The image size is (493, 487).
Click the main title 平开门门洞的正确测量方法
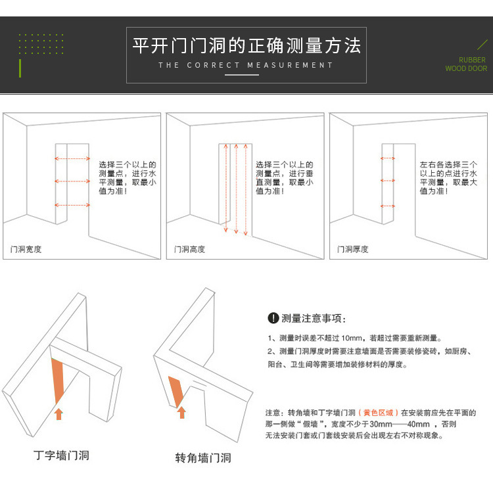pyautogui.click(x=246, y=45)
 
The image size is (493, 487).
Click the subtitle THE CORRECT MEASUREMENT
pyautogui.click(x=246, y=65)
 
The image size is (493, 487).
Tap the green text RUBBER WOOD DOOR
pyautogui.click(x=466, y=64)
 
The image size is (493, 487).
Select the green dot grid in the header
pyautogui.click(x=41, y=44)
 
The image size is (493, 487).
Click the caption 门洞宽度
pyautogui.click(x=26, y=249)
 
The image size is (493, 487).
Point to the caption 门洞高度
pyautogui.click(x=189, y=249)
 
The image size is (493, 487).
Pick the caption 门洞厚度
pyautogui.click(x=353, y=249)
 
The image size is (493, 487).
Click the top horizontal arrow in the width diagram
pyautogui.click(x=72, y=158)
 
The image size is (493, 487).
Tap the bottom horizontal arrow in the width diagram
pyautogui.click(x=72, y=205)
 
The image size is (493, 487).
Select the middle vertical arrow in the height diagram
pyautogui.click(x=236, y=189)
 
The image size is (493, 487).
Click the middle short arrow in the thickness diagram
pyautogui.click(x=388, y=181)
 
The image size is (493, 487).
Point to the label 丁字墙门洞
pyautogui.click(x=61, y=455)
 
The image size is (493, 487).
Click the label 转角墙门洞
pyautogui.click(x=203, y=458)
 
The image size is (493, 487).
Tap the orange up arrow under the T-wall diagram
pyautogui.click(x=59, y=414)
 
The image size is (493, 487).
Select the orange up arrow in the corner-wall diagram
pyautogui.click(x=181, y=412)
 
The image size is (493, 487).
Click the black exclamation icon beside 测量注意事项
pyautogui.click(x=273, y=318)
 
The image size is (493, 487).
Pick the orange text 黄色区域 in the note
pyautogui.click(x=378, y=413)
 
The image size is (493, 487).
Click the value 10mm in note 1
pyautogui.click(x=352, y=338)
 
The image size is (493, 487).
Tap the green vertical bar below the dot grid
pyautogui.click(x=20, y=68)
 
